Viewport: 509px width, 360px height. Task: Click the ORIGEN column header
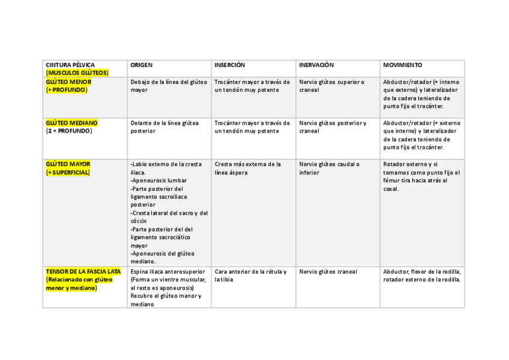click(142, 65)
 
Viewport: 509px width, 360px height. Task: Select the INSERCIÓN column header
click(230, 65)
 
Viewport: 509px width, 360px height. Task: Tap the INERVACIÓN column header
click(316, 65)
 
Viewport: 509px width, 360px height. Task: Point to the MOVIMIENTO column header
click(403, 65)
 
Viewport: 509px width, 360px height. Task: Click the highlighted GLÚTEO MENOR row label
click(68, 82)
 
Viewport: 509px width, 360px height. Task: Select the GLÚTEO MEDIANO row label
click(71, 122)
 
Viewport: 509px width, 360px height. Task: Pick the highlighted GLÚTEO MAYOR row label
click(68, 164)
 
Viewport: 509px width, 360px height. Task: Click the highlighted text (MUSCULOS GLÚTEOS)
click(77, 73)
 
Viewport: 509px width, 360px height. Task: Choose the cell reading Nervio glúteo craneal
click(328, 272)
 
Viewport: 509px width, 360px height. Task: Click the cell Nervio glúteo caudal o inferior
click(329, 168)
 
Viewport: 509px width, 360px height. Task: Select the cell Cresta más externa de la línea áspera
click(247, 168)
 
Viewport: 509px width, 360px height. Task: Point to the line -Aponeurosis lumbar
click(158, 180)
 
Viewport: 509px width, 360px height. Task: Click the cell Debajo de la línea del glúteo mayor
click(168, 86)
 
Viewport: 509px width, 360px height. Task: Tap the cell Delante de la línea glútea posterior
click(164, 127)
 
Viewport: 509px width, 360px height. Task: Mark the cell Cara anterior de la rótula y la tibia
click(250, 275)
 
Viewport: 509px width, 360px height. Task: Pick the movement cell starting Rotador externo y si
click(421, 176)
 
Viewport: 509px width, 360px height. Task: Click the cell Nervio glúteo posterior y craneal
click(333, 127)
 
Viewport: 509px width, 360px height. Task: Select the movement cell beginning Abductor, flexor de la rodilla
click(422, 275)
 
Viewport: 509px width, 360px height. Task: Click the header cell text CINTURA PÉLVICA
click(70, 65)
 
